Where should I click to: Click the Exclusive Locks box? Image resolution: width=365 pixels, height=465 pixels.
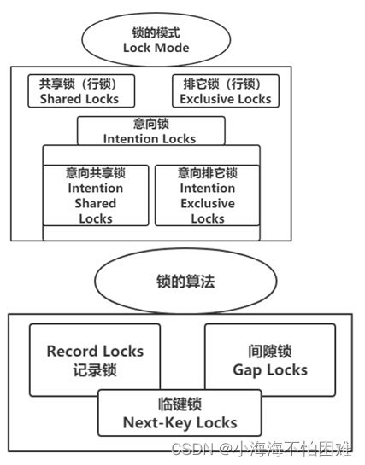pos(226,92)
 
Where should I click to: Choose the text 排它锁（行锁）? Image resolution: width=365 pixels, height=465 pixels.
pos(226,84)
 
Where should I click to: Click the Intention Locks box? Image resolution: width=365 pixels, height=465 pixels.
pos(150,131)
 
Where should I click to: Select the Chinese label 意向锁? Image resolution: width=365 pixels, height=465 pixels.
pos(150,124)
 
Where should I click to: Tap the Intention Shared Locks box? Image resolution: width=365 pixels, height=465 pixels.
pos(95,195)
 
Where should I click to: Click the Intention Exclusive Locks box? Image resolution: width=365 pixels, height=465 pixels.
pos(208,195)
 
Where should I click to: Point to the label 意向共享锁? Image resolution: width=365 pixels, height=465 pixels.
pos(95,172)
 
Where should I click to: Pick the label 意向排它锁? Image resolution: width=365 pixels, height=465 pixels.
pos(208,172)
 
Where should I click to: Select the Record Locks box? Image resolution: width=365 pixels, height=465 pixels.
pos(95,359)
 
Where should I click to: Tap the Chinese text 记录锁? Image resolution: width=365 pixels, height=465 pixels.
pos(95,369)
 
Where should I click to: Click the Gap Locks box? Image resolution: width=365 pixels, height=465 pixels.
pos(270,359)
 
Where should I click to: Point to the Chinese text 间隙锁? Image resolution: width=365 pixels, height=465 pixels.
pos(270,350)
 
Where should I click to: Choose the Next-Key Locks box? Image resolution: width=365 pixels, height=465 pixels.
pos(180,414)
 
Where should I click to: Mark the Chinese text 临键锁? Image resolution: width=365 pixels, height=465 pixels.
pos(180,404)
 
